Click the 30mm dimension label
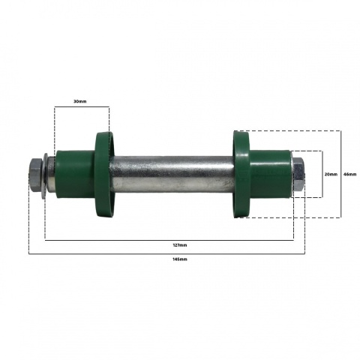pos(79,101)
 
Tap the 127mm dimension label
pos(180,245)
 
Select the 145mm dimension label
pos(180,259)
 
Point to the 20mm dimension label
pos(331,174)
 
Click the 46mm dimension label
pos(350,174)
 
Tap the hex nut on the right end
pos(298,175)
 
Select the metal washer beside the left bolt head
pos(44,175)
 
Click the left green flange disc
pos(104,174)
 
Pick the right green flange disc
pos(241,174)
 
